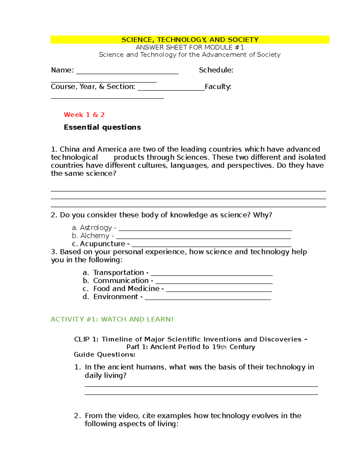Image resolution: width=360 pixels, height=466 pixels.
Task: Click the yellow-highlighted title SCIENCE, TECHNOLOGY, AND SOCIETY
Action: [190, 40]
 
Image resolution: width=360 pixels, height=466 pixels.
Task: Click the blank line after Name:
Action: [127, 73]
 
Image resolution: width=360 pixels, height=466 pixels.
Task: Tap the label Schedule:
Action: [216, 70]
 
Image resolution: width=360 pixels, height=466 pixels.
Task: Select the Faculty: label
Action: [218, 87]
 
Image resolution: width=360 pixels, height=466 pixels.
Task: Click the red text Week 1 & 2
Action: [84, 115]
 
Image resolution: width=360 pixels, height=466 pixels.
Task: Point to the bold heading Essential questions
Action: [102, 127]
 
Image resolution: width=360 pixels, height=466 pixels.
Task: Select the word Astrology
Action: [96, 228]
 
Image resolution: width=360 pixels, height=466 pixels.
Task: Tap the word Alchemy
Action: [95, 236]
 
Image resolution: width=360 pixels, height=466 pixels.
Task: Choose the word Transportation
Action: [118, 272]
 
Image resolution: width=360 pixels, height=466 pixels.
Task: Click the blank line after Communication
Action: [214, 283]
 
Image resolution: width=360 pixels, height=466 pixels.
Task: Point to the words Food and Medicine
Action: [126, 289]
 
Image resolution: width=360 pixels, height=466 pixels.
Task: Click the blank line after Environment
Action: [208, 299]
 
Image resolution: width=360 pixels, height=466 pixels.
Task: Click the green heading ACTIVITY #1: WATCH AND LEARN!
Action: [112, 319]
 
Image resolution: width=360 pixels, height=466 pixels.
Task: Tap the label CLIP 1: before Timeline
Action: [86, 339]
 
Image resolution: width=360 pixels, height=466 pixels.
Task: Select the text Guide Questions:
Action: [104, 355]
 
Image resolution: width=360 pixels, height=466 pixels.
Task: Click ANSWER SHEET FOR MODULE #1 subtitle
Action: [190, 47]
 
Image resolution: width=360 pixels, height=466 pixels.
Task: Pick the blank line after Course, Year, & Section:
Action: [171, 89]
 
